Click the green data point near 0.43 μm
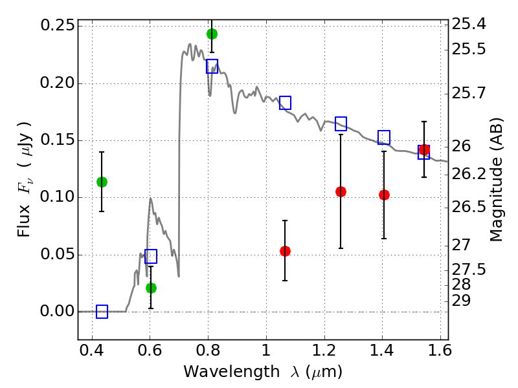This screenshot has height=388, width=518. [x=102, y=182]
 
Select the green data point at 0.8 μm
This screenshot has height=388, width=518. [x=212, y=34]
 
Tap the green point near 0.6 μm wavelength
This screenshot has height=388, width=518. [x=151, y=288]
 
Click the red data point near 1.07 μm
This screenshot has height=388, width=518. [x=285, y=251]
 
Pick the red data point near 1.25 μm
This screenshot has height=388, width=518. [x=341, y=191]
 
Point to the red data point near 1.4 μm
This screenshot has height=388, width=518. [x=384, y=195]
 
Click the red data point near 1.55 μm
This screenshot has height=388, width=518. [x=424, y=149]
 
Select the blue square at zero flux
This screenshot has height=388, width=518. [x=102, y=312]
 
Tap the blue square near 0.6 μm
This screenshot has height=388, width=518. [x=151, y=256]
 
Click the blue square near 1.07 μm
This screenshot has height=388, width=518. [x=285, y=103]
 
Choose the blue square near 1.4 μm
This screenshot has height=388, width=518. [x=384, y=137]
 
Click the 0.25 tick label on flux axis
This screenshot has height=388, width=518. [x=58, y=25]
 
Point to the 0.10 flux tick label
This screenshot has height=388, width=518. [x=58, y=197]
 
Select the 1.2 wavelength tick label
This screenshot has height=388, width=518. [x=324, y=350]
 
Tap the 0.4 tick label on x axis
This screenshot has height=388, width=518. [x=92, y=350]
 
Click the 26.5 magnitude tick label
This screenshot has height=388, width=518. [x=469, y=207]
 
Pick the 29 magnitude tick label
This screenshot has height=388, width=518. [x=461, y=301]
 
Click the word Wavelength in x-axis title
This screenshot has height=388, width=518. [x=232, y=372]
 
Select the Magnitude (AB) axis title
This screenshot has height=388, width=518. [x=496, y=180]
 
